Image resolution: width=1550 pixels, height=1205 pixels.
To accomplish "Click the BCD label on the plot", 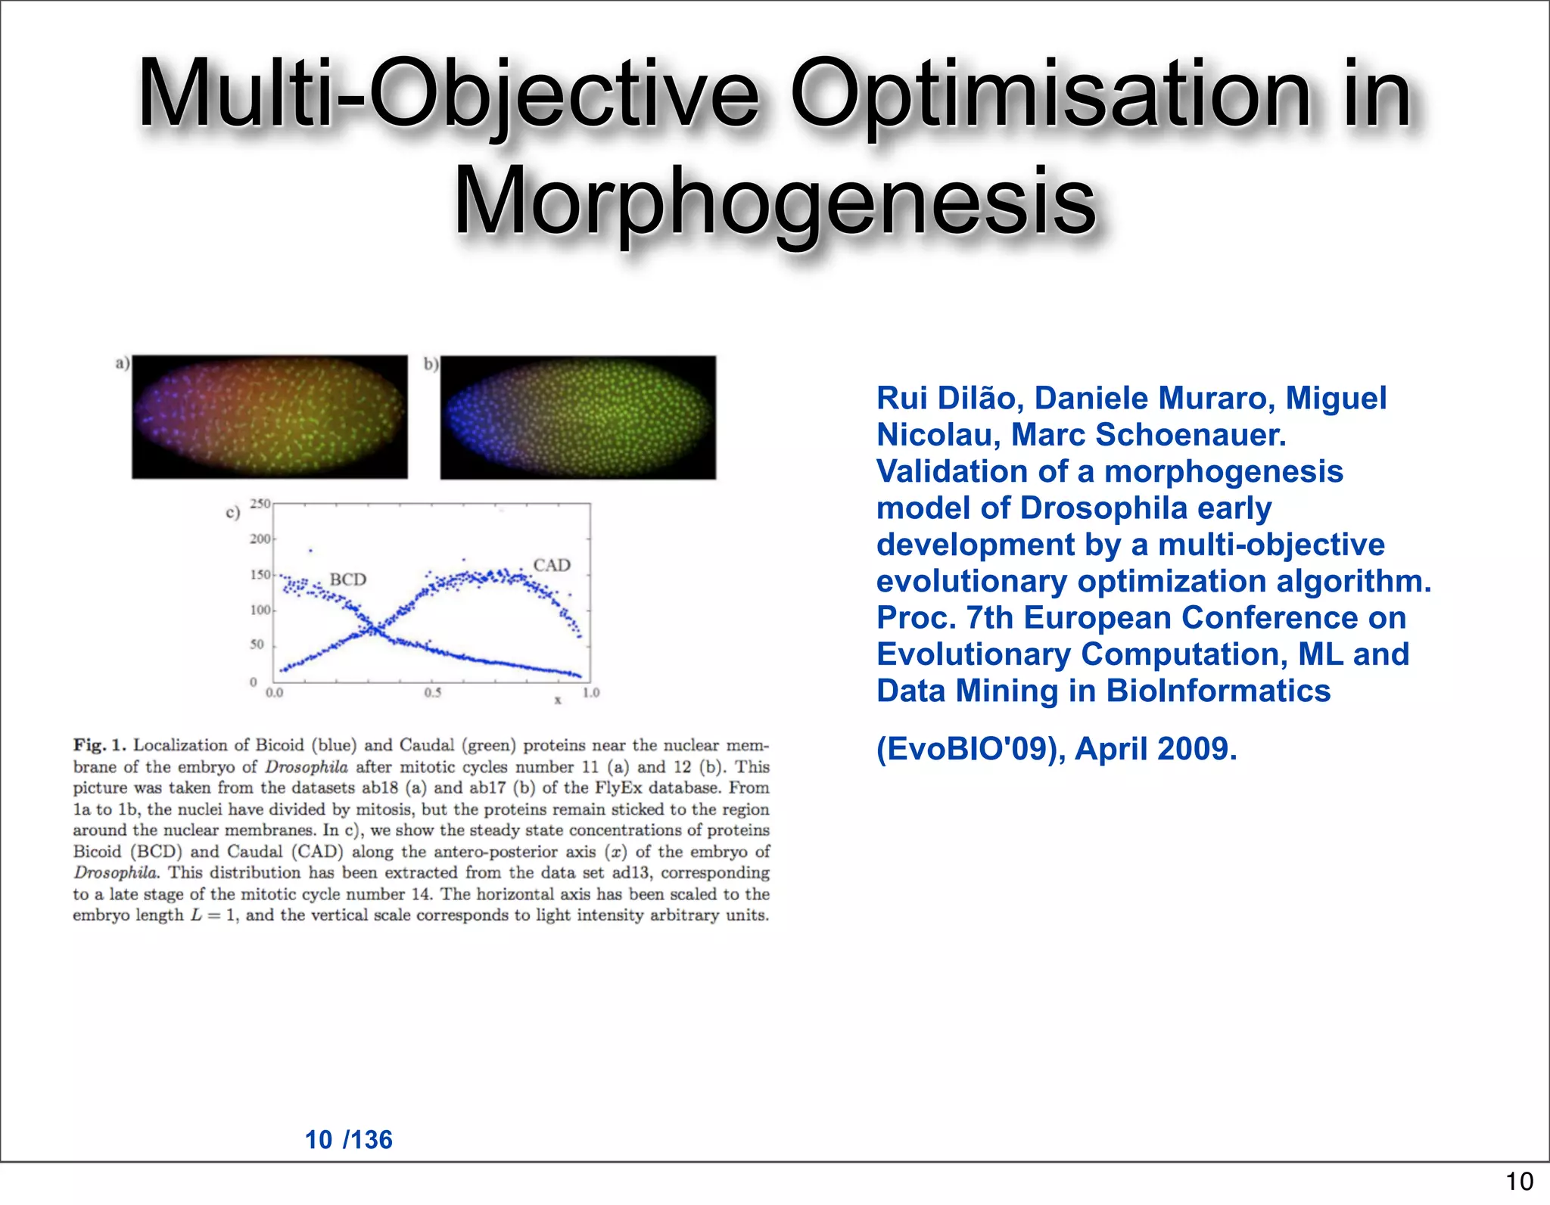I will pyautogui.click(x=347, y=579).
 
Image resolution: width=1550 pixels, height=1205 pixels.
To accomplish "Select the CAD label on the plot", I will pyautogui.click(x=552, y=565).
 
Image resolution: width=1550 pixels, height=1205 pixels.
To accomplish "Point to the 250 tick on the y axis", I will pyautogui.click(x=260, y=504).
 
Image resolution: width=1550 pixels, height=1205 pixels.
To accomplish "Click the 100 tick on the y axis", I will pyautogui.click(x=260, y=610).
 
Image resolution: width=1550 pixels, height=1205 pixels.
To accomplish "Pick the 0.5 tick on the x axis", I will pyautogui.click(x=432, y=692).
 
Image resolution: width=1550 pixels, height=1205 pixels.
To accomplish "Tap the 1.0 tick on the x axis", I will pyautogui.click(x=591, y=692).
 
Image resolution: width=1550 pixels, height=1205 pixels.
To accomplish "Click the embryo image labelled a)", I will pyautogui.click(x=269, y=417).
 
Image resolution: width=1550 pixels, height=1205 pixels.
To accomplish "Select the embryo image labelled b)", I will pyautogui.click(x=577, y=418).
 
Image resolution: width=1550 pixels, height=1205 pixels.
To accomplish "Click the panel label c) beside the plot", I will pyautogui.click(x=232, y=513).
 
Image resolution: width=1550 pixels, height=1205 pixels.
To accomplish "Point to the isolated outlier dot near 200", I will pyautogui.click(x=310, y=551).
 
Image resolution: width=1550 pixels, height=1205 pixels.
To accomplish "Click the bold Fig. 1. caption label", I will pyautogui.click(x=99, y=745).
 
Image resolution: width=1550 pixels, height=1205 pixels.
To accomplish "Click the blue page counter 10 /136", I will pyautogui.click(x=348, y=1139).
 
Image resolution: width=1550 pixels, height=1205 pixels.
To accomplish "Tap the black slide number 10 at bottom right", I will pyautogui.click(x=1519, y=1181).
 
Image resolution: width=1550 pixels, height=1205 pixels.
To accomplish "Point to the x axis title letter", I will pyautogui.click(x=558, y=700).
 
